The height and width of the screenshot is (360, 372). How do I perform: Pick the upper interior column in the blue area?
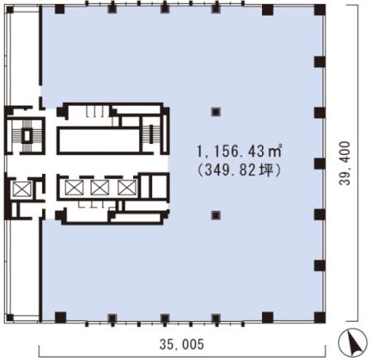(216, 112)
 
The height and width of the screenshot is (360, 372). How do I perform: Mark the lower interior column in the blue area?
(216, 215)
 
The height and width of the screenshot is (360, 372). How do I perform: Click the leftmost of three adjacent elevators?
(74, 187)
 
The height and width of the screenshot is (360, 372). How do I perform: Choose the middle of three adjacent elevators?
(99, 187)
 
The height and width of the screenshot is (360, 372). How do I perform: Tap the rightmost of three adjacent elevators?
(125, 187)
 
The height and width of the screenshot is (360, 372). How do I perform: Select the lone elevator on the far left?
(20, 189)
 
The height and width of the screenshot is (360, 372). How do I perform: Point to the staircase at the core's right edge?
(150, 133)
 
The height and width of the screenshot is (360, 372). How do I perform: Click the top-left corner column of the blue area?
(60, 9)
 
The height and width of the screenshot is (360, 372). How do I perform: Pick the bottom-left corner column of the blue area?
(60, 316)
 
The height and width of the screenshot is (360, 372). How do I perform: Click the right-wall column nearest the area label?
(319, 162)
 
